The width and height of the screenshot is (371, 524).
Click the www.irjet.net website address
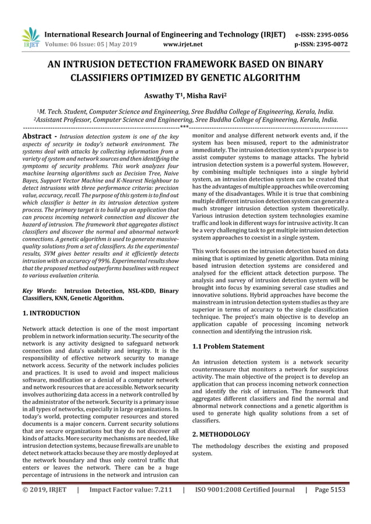[x=183, y=43]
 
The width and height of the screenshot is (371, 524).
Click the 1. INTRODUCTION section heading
[x=51, y=313]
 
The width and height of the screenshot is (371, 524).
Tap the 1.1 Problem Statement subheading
[x=227, y=346]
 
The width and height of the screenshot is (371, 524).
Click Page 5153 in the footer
[x=330, y=489]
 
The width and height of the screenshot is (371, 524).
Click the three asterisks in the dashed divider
[x=184, y=125]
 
